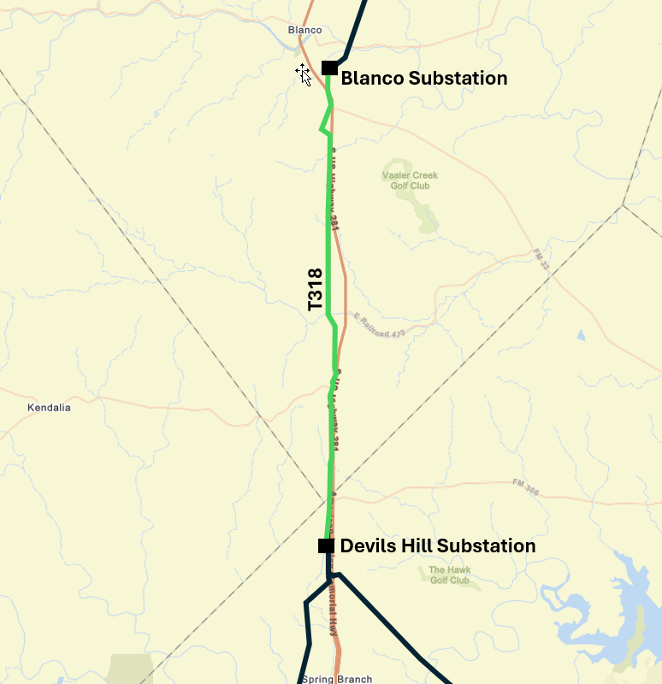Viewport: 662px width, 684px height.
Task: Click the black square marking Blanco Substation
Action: coord(329,68)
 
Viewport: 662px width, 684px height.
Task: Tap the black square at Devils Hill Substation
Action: coord(326,545)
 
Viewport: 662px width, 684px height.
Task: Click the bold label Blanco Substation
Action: coord(423,79)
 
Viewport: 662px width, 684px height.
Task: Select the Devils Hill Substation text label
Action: coord(438,545)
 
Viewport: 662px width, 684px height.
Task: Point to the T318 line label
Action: coord(315,289)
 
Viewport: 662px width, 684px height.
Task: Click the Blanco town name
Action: coord(305,31)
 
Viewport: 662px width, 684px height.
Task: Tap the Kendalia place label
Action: coord(49,408)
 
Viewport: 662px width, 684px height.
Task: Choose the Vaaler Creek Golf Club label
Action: coord(410,180)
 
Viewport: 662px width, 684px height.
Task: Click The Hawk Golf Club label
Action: coord(449,575)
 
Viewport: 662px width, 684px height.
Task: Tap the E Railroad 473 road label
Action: coord(379,326)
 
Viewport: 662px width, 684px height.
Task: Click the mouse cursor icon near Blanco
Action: coord(304,74)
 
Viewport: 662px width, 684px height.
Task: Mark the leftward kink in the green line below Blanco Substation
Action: coord(322,130)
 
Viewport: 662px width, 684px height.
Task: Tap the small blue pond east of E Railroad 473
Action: coord(581,335)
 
